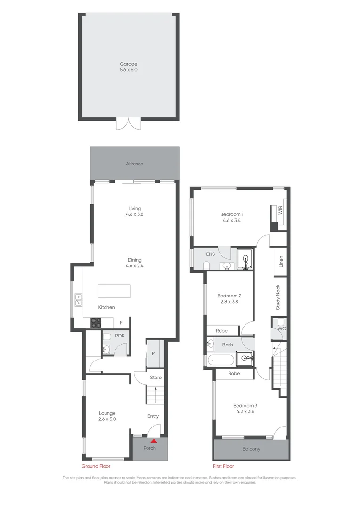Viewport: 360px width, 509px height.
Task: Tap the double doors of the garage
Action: tap(128, 123)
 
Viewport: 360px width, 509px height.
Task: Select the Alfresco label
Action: tap(134, 164)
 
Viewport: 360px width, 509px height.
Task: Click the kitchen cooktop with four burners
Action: tap(96, 323)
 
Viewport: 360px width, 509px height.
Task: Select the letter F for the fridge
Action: tap(121, 323)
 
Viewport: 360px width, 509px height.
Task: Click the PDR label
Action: tap(119, 337)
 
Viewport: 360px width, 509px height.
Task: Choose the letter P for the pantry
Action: tap(153, 354)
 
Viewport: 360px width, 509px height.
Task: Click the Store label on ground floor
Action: tap(155, 378)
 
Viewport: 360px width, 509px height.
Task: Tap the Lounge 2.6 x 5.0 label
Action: tap(107, 416)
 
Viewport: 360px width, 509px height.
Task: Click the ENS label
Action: tap(210, 254)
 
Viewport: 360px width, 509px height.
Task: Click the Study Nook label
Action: tap(278, 297)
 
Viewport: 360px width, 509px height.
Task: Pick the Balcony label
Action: tap(251, 449)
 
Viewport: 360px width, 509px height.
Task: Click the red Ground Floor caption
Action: tap(96, 466)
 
